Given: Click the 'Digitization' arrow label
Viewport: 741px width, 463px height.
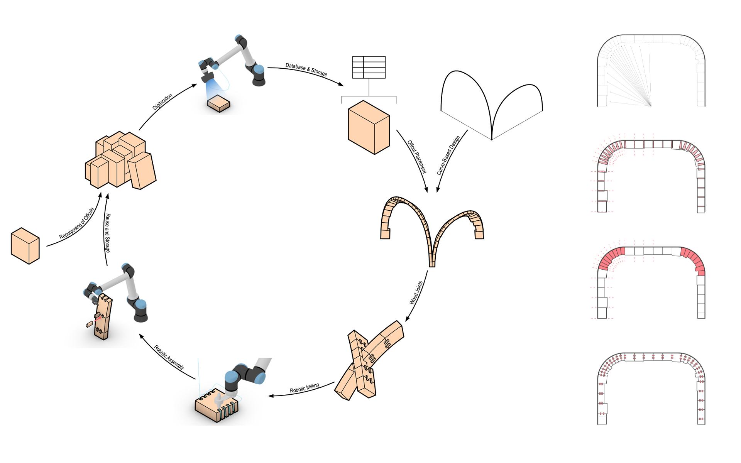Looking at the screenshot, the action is point(162,102).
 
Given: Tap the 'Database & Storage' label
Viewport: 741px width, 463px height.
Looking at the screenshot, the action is point(306,69).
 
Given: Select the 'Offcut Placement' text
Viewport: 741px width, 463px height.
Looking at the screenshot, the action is point(417,157).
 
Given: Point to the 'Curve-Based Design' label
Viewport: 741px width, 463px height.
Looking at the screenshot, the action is point(448,155).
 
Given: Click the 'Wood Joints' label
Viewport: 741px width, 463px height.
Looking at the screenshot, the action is point(416,293).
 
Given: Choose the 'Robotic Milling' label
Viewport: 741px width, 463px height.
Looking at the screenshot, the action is point(305,388).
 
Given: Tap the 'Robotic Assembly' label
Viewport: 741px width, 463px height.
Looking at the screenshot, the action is point(169,357).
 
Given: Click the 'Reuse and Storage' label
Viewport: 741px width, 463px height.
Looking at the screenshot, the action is point(107,233).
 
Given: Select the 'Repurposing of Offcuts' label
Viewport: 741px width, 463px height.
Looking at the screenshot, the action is point(77,223).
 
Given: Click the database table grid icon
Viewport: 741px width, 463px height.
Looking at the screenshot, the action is point(369,68).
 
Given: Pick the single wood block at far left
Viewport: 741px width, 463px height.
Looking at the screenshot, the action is point(25,246).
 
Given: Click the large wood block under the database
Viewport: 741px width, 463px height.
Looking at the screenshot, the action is point(369,127).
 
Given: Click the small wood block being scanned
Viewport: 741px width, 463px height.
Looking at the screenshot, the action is point(218,103).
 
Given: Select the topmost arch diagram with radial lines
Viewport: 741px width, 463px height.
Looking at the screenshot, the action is point(651,71).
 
